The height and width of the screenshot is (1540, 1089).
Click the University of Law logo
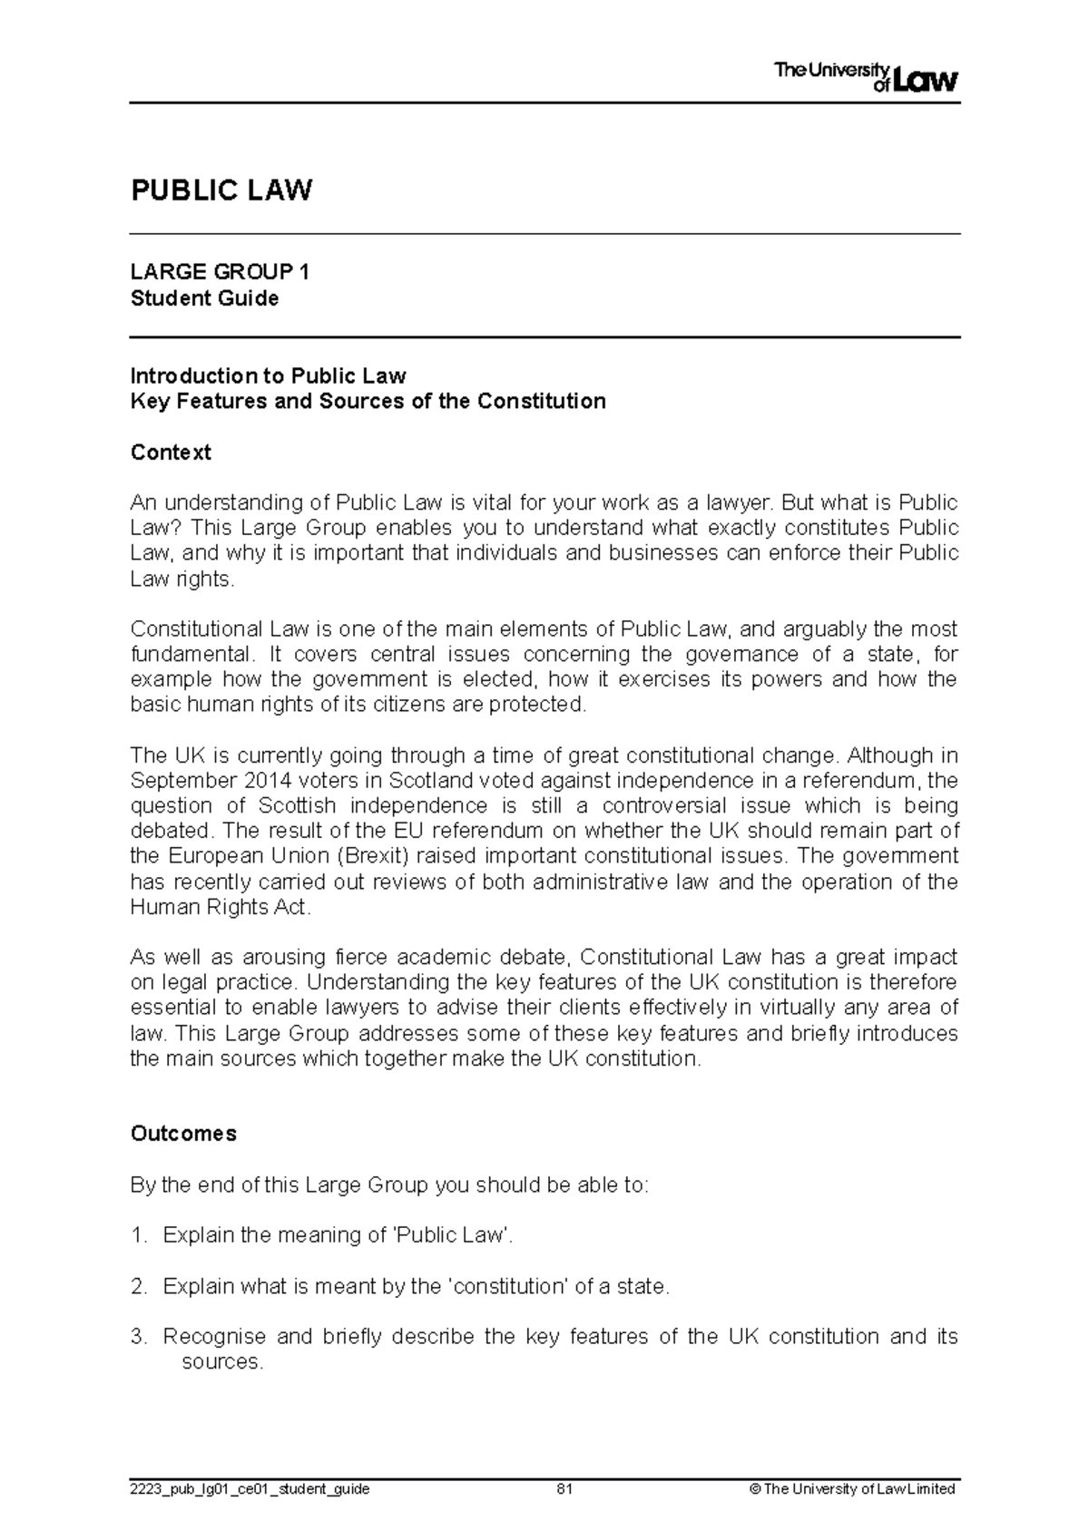865,78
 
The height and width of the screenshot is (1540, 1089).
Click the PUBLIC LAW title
221,191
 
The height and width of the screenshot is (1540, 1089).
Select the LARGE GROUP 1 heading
220,272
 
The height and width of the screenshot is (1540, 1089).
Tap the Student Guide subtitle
204,298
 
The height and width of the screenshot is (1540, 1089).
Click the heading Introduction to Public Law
268,375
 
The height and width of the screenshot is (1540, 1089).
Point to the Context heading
171,452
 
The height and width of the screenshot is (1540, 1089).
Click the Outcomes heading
183,1134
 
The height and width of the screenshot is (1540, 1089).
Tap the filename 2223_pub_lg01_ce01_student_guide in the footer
250,1489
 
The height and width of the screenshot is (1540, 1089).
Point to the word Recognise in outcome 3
214,1337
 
